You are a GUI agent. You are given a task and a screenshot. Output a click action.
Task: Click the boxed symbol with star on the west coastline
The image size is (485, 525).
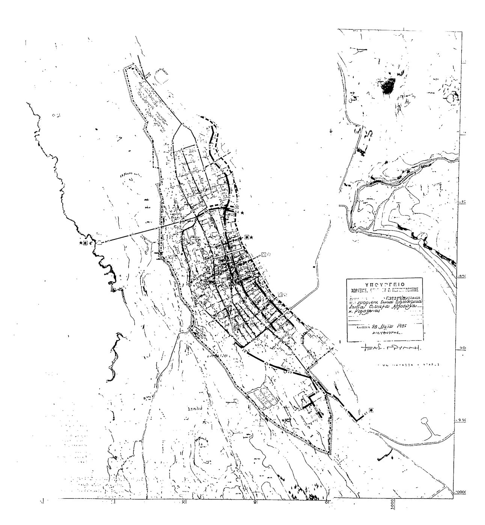point(85,243)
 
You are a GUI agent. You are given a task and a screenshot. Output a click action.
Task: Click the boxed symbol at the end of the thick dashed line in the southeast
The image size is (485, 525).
point(371,410)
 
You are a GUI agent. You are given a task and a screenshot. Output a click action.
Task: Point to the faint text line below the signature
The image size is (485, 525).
point(409,364)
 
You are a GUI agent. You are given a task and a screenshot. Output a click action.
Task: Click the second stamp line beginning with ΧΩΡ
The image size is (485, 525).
point(383,289)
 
